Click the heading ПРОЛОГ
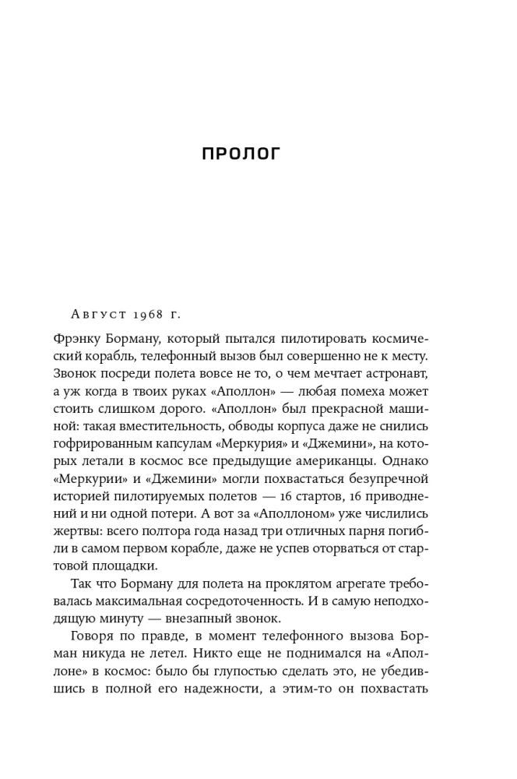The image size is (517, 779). (x=241, y=153)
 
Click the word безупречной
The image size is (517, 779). (x=386, y=478)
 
